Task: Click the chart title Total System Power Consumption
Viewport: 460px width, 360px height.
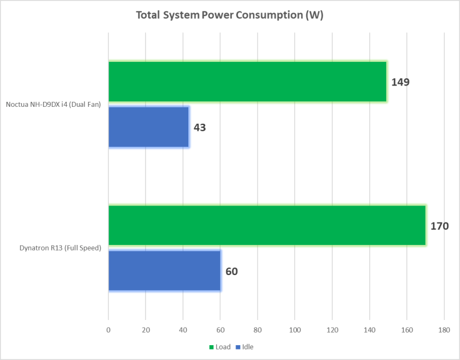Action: [x=229, y=15]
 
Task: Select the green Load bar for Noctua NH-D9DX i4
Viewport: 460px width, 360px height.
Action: [x=247, y=82]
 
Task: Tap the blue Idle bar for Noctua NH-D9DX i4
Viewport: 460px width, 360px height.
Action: [x=148, y=127]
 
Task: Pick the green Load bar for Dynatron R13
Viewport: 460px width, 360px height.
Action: [x=267, y=225]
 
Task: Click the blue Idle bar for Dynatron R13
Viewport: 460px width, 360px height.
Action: [x=164, y=271]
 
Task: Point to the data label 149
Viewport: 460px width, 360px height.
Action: [x=400, y=83]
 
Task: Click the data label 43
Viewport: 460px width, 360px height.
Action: [x=200, y=128]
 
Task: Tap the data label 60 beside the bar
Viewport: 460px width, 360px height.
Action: [x=232, y=271]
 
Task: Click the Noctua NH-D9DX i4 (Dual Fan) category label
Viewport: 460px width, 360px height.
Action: [x=54, y=105]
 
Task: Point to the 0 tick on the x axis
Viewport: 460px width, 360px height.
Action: [x=108, y=330]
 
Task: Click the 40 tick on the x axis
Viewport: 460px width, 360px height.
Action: [x=183, y=330]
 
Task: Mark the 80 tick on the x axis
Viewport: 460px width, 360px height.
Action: [x=257, y=330]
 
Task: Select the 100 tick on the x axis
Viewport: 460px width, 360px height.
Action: [x=295, y=330]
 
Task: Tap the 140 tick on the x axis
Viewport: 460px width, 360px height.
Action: [x=370, y=330]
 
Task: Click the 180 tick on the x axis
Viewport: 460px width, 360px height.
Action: [x=444, y=330]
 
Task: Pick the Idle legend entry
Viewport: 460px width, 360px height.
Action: [x=245, y=347]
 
